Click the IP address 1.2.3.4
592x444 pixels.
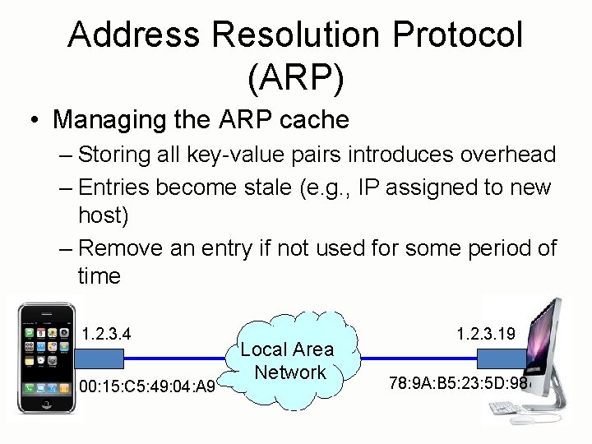[x=107, y=334]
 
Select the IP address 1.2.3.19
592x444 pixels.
[x=486, y=333]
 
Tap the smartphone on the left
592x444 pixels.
[x=44, y=359]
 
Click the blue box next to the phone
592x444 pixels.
[x=99, y=358]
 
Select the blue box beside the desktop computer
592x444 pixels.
[x=499, y=358]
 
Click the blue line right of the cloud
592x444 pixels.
[x=419, y=358]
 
